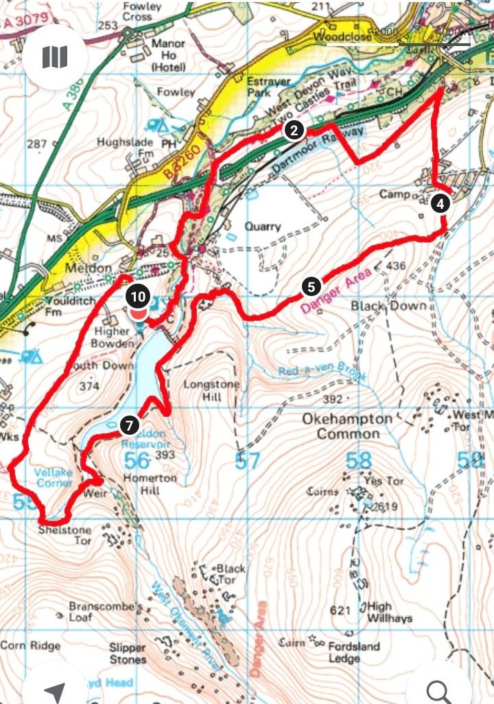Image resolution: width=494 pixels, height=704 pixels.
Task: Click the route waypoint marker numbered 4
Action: tap(440, 203)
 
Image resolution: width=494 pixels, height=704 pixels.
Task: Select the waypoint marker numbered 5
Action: tap(311, 286)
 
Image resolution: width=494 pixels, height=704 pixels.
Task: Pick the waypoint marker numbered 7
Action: tap(128, 425)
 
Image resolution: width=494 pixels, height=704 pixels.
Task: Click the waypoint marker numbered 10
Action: tap(139, 297)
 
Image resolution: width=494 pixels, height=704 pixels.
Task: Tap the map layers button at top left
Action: tap(55, 57)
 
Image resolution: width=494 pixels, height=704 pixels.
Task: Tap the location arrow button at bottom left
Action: tap(55, 690)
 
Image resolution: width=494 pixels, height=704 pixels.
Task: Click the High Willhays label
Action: tap(390, 613)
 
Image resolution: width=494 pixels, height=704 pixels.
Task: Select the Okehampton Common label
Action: tap(348, 427)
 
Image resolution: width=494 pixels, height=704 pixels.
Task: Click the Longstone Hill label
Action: tap(210, 391)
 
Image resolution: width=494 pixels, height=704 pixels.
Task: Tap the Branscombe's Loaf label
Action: tap(106, 613)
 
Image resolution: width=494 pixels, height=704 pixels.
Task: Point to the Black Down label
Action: tap(388, 305)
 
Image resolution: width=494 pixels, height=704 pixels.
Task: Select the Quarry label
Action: tap(263, 227)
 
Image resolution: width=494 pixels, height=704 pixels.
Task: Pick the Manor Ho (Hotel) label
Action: tap(169, 55)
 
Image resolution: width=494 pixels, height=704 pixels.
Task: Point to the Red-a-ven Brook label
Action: tap(322, 374)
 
